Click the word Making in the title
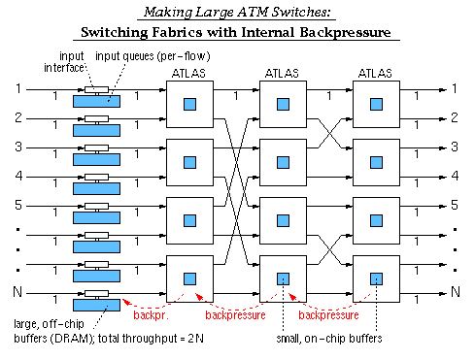click(x=165, y=13)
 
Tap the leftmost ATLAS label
click(x=188, y=74)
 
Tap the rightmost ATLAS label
click(x=377, y=74)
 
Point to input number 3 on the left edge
click(x=17, y=147)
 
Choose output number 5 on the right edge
click(x=454, y=206)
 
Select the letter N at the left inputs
click(x=17, y=293)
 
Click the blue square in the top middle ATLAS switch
click(x=284, y=105)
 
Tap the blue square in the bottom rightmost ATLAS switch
click(x=378, y=279)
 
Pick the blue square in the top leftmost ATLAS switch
click(x=189, y=105)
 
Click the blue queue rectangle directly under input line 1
click(x=97, y=101)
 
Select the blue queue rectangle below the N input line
click(x=97, y=305)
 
